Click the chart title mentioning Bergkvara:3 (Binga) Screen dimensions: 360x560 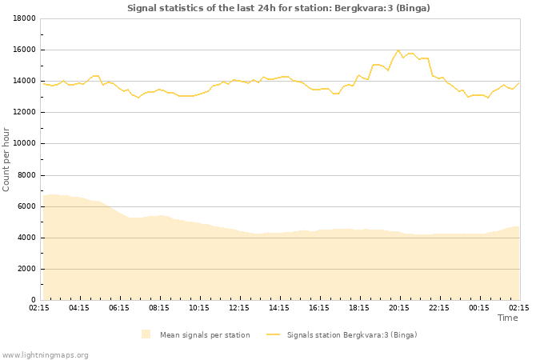click(x=278, y=8)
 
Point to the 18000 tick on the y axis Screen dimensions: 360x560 click(x=23, y=18)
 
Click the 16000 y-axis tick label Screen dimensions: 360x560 click(x=23, y=50)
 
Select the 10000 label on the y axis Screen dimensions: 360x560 click(x=23, y=144)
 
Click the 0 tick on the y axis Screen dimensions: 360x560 click(x=33, y=300)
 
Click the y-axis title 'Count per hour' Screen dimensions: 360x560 click(x=7, y=159)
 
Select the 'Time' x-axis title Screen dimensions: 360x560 click(x=507, y=318)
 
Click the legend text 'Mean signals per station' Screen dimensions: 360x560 click(x=205, y=335)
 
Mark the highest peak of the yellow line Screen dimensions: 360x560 click(x=398, y=50)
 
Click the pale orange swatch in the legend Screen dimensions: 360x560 click(x=146, y=334)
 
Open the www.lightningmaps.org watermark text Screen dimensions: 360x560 click(x=46, y=355)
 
